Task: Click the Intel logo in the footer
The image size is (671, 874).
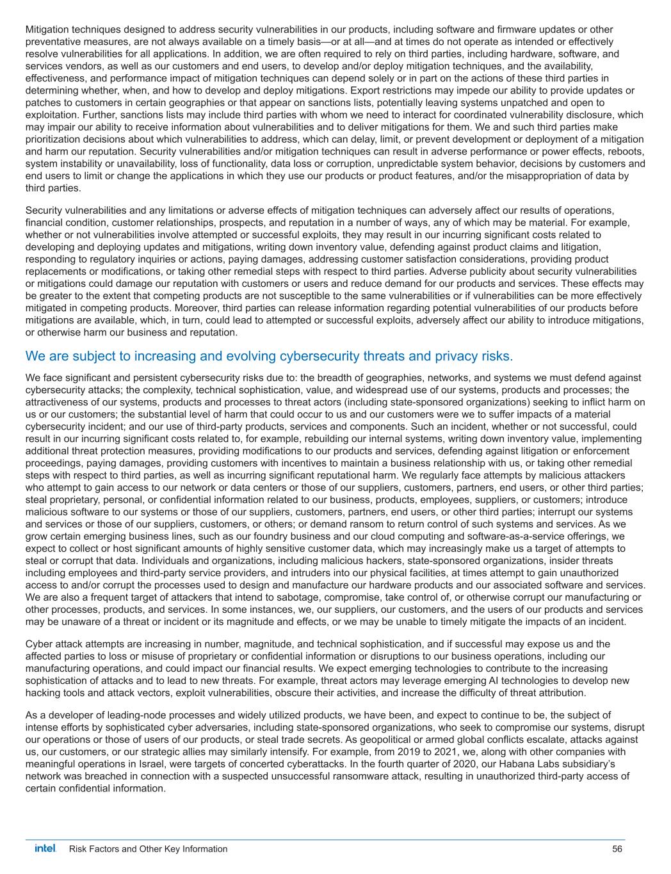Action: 45,848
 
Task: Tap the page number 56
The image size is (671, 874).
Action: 617,849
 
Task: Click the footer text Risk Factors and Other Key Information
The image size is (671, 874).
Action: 148,849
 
